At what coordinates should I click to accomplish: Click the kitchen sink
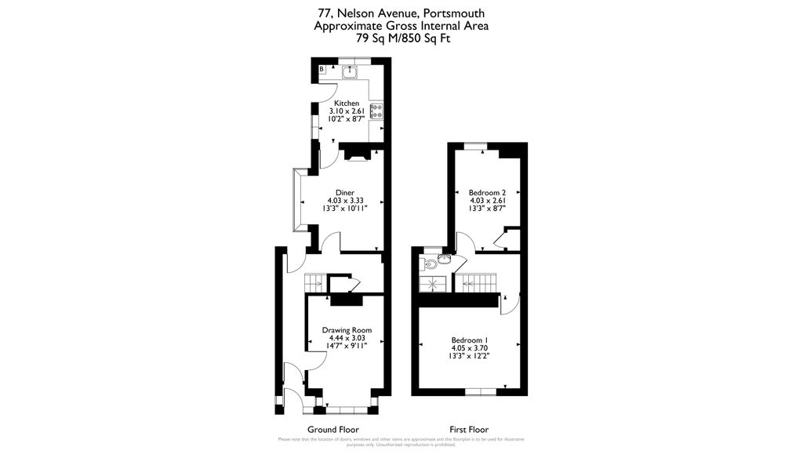click(x=351, y=72)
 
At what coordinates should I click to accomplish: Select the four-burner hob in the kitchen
click(x=376, y=111)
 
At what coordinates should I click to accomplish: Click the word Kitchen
click(x=347, y=104)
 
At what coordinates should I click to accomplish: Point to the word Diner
click(x=345, y=193)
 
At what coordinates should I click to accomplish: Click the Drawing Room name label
click(x=347, y=330)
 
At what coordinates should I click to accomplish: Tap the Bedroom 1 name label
click(x=469, y=340)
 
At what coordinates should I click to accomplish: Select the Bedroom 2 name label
click(x=487, y=193)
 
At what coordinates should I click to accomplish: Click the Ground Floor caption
click(x=332, y=430)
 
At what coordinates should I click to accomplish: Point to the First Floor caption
click(x=469, y=430)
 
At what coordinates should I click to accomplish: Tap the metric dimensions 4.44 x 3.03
click(x=347, y=338)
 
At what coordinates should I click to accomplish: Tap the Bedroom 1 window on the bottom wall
click(x=479, y=390)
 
